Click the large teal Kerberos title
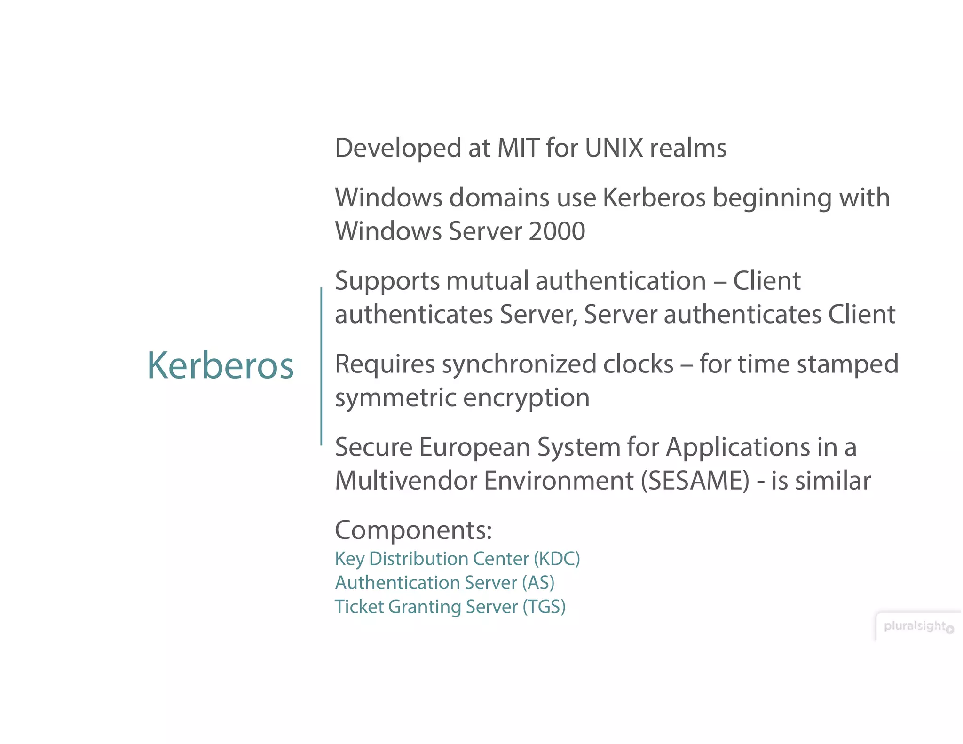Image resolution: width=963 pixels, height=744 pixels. (220, 365)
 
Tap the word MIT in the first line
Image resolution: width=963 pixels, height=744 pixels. (518, 148)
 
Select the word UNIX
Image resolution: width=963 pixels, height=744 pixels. (614, 148)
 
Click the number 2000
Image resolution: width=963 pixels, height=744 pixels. (557, 231)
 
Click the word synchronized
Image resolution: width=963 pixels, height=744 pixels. (557, 364)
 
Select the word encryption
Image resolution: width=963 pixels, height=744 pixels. (526, 398)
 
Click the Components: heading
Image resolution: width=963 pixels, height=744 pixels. (413, 530)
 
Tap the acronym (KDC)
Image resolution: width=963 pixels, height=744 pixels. (556, 559)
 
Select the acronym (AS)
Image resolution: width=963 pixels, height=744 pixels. (538, 583)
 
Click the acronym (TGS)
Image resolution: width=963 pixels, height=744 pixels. (544, 607)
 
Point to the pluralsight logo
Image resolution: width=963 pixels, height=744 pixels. (917, 626)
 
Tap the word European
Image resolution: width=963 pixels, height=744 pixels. (474, 447)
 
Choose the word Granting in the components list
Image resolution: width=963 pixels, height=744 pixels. (424, 607)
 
